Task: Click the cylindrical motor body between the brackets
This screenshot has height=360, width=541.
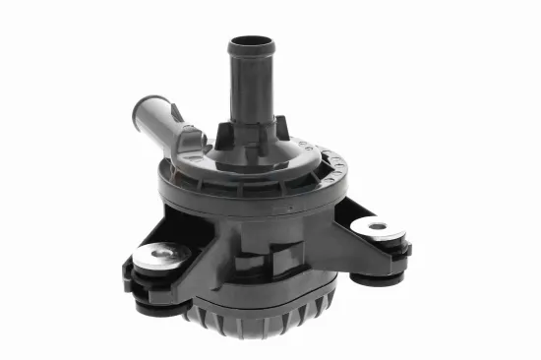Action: tap(256, 246)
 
